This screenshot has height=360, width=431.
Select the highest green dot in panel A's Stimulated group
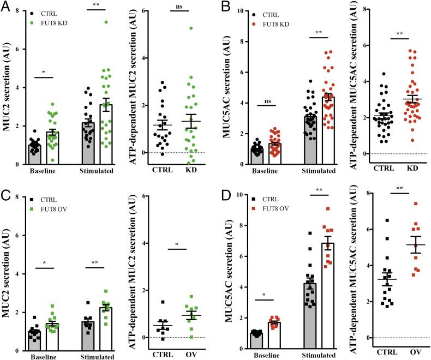coord(107,22)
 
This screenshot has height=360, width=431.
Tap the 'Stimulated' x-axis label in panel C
coord(100,346)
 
